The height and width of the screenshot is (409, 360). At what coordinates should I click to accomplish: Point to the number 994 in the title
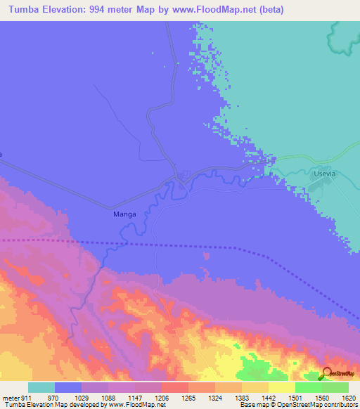(103, 9)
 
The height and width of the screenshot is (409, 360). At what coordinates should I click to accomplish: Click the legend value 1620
(348, 398)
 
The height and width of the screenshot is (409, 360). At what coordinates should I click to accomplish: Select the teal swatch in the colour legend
(41, 387)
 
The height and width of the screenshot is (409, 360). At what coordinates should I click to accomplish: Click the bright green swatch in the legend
(309, 387)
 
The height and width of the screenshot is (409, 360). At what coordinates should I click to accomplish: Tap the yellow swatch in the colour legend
(282, 387)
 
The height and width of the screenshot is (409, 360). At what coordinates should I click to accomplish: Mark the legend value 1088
(108, 398)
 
